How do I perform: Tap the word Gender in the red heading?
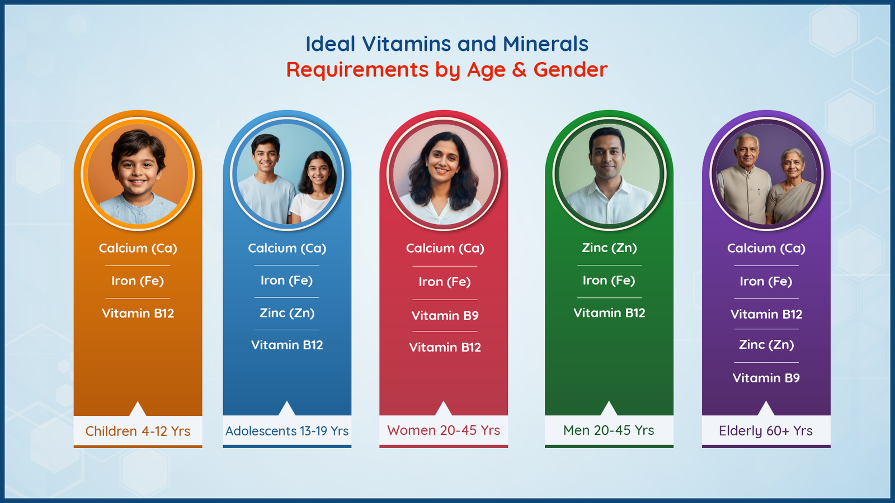point(571,69)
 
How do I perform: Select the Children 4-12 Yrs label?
point(138,431)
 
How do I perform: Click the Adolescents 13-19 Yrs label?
point(287,431)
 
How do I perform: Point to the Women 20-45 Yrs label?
point(444,430)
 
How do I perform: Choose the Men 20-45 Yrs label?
point(609,430)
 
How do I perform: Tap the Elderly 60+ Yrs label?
point(766,431)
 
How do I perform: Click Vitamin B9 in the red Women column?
point(445,316)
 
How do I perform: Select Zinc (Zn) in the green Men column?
point(609,248)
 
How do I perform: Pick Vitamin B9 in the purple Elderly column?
point(766,378)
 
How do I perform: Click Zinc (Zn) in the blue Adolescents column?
point(287,313)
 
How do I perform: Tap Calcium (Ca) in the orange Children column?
point(138,248)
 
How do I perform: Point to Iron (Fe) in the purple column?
point(766,282)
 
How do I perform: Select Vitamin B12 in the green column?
point(609,313)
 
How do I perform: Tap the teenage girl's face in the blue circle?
point(319,173)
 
